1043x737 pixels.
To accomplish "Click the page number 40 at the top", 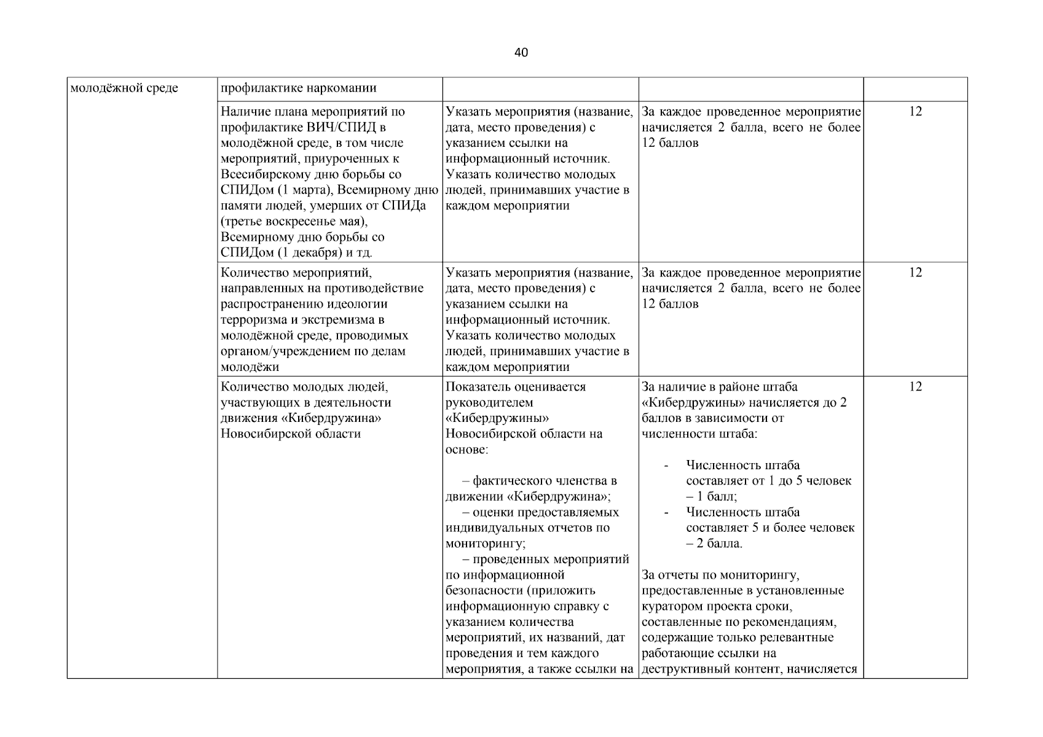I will pos(521,53).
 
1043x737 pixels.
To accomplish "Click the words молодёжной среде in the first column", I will pos(124,88).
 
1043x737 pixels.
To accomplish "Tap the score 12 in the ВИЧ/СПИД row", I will pos(915,112).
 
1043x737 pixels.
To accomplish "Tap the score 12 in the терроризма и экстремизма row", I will pos(915,273).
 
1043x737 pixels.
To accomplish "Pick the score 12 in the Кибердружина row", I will pos(915,387).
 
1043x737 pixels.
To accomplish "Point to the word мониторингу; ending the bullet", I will pos(486,544).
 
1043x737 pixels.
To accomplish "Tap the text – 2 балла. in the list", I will pos(714,544).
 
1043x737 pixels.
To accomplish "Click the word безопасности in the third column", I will pos(483,591).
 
